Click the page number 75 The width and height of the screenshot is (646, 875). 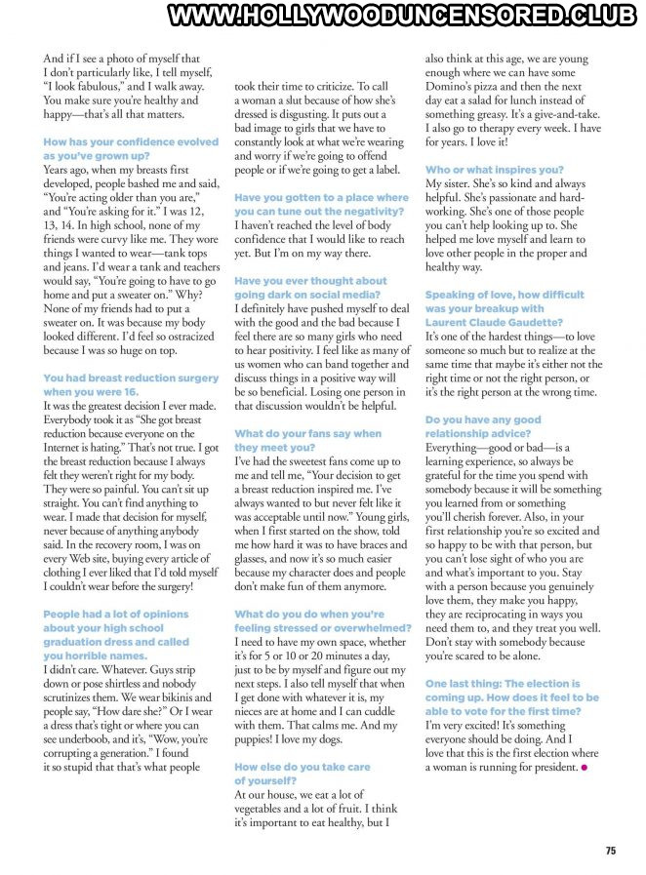click(x=610, y=851)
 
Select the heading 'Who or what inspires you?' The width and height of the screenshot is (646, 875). click(x=495, y=170)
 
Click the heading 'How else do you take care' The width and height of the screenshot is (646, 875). click(x=303, y=768)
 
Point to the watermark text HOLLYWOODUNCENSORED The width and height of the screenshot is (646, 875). click(x=381, y=16)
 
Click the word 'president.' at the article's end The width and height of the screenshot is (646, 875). click(x=547, y=768)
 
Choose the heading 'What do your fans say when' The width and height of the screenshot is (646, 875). click(x=308, y=433)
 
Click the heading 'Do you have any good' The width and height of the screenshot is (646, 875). click(x=483, y=419)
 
